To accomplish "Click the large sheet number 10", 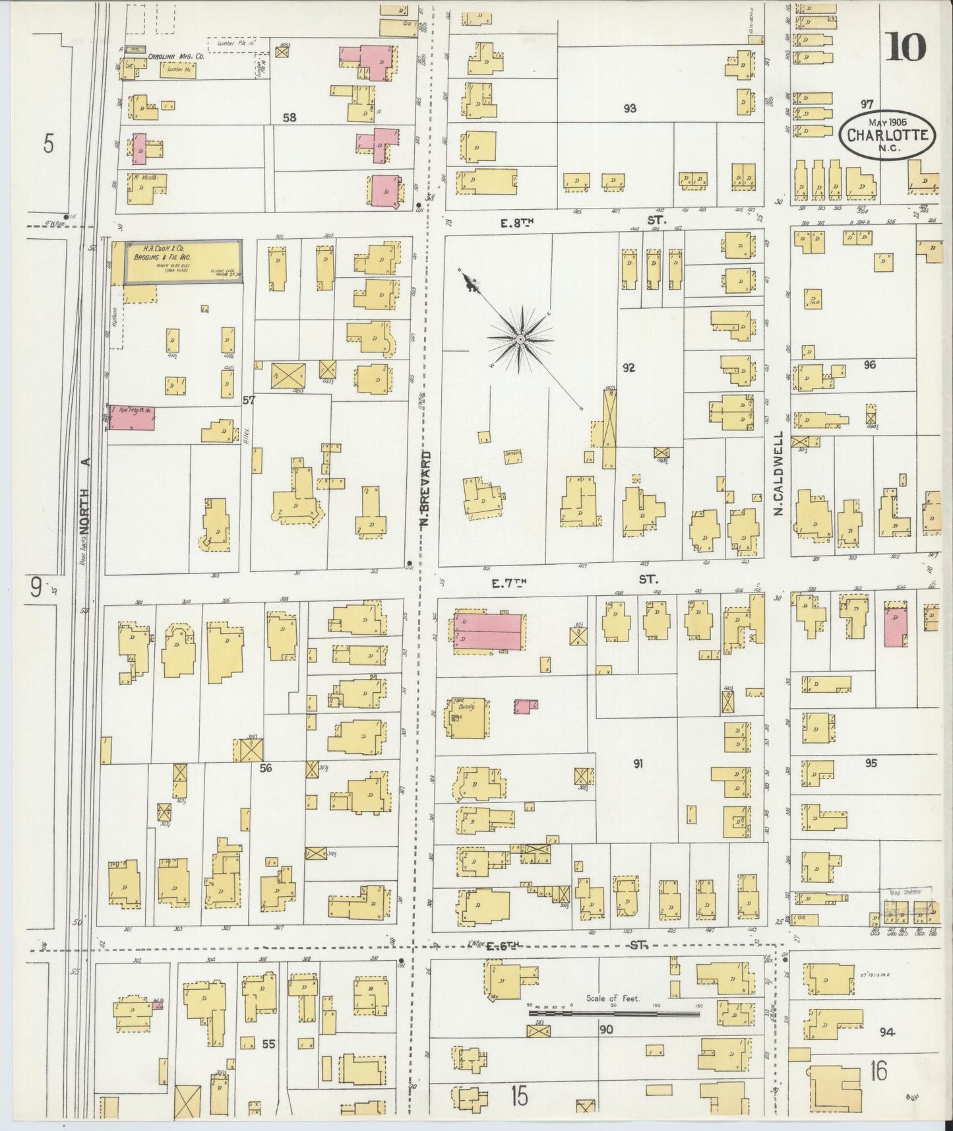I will coord(907,47).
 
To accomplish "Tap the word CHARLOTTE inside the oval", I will coord(888,135).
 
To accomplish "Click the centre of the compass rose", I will coord(520,339).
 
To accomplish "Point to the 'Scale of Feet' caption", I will coord(613,998).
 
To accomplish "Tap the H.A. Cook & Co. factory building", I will coord(183,262).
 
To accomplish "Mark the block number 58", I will coord(289,117).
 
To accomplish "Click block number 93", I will coord(629,108).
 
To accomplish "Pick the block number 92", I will coord(628,368).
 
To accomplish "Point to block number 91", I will coord(638,763).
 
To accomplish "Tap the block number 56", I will coord(266,768).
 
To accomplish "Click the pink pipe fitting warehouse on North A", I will coord(132,418).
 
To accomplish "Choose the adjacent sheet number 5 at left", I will coord(48,143).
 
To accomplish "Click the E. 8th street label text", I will coord(516,223).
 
